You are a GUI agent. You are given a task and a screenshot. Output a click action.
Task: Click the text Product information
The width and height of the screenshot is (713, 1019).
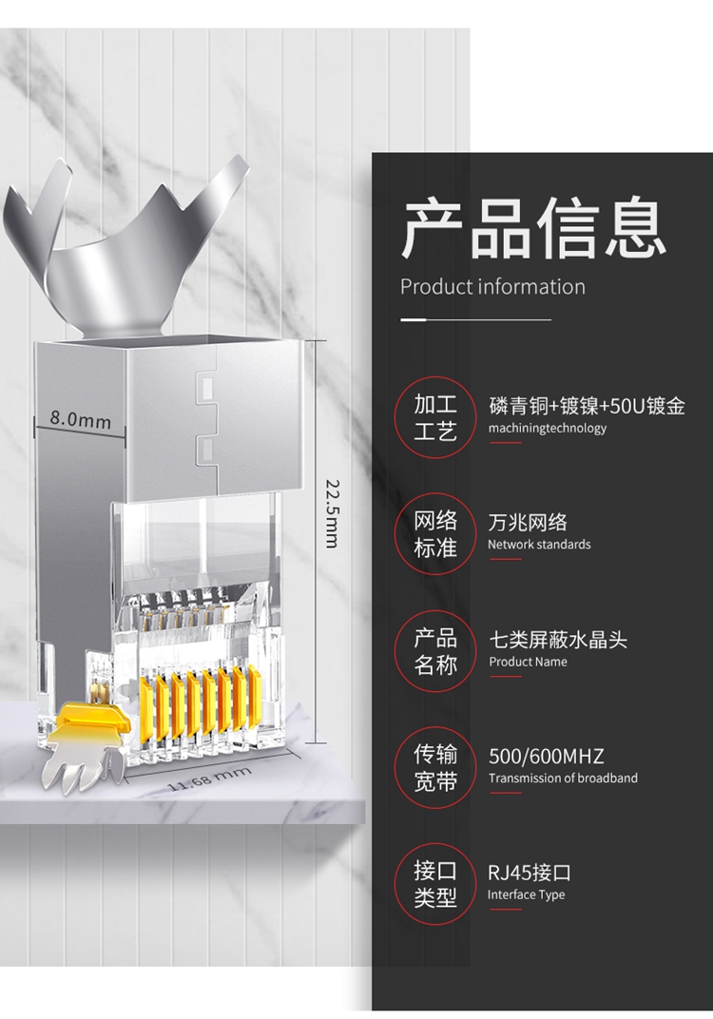(x=492, y=287)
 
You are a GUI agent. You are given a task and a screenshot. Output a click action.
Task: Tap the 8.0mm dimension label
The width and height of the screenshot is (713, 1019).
(x=81, y=419)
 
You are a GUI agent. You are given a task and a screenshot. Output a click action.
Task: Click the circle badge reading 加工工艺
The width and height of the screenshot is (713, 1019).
(x=435, y=418)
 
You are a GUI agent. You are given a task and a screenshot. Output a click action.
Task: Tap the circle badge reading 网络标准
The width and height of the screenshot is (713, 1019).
(x=435, y=534)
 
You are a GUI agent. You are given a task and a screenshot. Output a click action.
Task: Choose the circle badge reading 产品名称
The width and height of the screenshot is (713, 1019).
(x=435, y=651)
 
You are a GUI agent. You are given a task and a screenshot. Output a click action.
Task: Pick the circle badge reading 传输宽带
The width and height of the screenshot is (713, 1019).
(x=435, y=768)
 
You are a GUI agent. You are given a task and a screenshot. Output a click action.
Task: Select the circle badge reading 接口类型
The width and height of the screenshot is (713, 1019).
(x=435, y=884)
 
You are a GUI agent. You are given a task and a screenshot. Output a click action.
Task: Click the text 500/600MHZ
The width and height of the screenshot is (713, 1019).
(x=546, y=757)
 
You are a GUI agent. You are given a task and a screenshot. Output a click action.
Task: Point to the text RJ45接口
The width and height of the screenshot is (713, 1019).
(x=530, y=873)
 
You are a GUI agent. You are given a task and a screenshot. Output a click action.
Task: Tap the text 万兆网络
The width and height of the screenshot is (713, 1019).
(x=528, y=522)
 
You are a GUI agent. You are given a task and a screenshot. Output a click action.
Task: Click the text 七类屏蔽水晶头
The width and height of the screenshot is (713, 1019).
(x=558, y=640)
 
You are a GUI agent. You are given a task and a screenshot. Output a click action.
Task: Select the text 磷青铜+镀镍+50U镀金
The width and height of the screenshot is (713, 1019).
(x=587, y=406)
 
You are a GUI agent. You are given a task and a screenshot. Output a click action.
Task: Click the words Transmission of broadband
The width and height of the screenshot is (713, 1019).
(x=563, y=779)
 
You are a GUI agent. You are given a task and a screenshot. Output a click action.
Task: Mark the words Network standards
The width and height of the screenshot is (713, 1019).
(x=539, y=545)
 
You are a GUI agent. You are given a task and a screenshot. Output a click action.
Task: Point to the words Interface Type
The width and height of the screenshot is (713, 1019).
(x=527, y=894)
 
